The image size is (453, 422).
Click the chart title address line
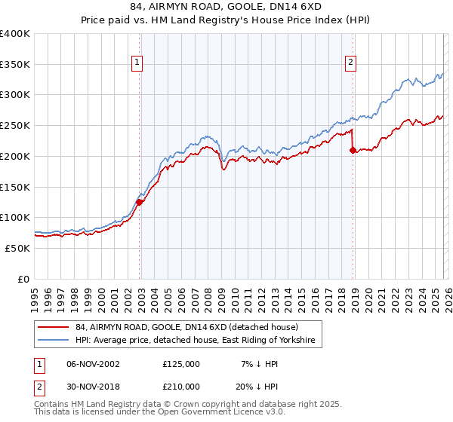[226, 6]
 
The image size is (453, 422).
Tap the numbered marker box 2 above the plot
[352, 63]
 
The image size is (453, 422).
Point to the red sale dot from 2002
[140, 201]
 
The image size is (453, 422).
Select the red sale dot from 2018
[353, 150]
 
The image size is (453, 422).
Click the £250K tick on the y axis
[15, 126]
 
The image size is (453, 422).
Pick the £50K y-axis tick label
[17, 248]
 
